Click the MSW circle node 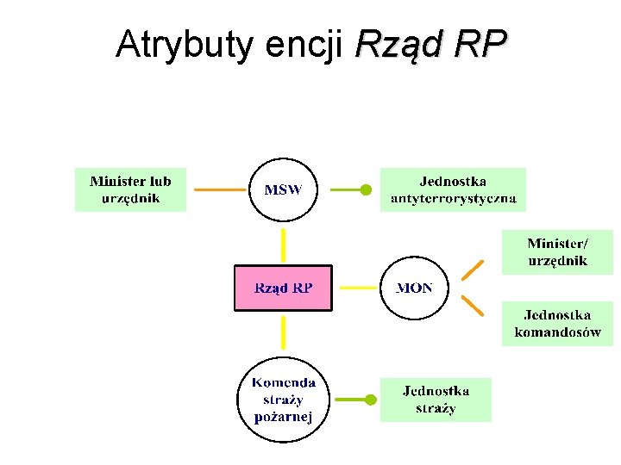tap(283, 189)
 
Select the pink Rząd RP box tap(283, 288)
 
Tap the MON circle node tap(414, 288)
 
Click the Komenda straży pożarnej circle tap(284, 400)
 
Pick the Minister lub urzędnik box tap(130, 189)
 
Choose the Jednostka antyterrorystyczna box tap(453, 189)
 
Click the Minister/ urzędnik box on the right tap(557, 251)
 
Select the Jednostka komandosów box tap(557, 323)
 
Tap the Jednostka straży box tap(436, 400)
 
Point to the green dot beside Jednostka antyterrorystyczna tap(366, 189)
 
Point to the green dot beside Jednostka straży tap(371, 400)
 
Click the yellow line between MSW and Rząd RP tap(283, 244)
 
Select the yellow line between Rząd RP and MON tap(356, 288)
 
